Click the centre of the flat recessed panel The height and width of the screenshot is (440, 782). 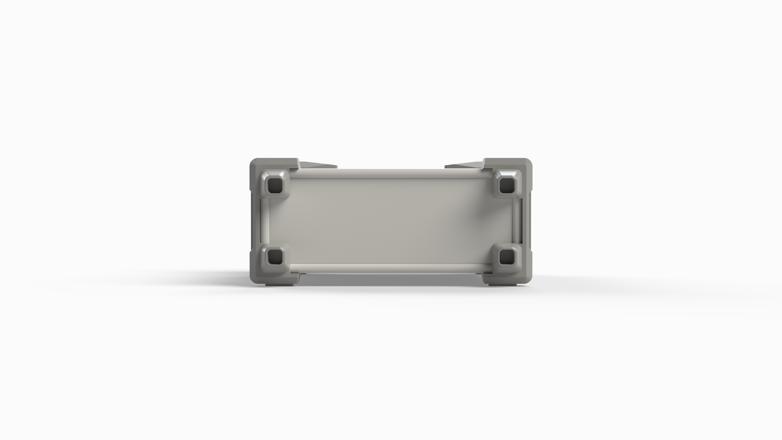[x=391, y=221]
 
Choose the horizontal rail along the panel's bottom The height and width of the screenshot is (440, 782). [x=391, y=268]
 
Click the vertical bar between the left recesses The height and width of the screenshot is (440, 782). [x=264, y=221]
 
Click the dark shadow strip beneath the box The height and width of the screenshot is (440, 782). [x=391, y=279]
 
